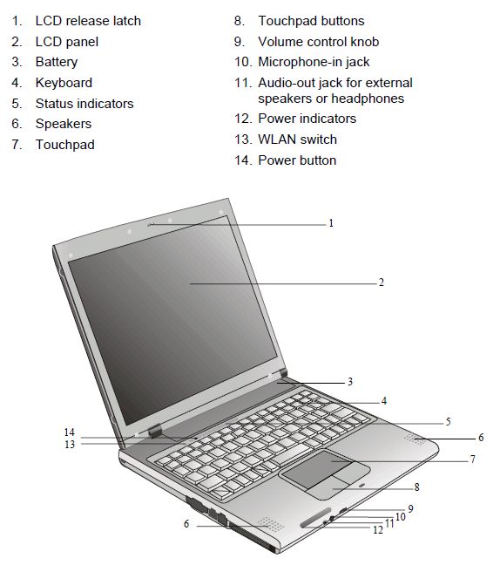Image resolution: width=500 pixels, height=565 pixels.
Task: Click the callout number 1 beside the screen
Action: coord(331,223)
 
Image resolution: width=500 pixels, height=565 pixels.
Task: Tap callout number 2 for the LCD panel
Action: coord(382,282)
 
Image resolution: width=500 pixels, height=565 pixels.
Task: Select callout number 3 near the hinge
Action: coord(350,382)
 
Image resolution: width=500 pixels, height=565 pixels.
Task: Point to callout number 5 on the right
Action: coord(448,421)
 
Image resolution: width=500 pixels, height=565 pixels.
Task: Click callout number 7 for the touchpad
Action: coord(473,459)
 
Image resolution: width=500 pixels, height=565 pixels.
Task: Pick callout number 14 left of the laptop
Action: coord(70,432)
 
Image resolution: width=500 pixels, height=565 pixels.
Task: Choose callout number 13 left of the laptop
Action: coord(70,445)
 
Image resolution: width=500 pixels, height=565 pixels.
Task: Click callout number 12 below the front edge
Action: coord(378,530)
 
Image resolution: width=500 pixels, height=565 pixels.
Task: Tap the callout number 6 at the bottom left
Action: coord(186,523)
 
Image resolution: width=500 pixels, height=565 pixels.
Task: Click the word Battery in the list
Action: coord(57,62)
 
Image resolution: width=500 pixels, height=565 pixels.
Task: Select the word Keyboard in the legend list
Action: coord(64,83)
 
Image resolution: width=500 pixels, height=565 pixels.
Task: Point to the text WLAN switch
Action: coord(297,140)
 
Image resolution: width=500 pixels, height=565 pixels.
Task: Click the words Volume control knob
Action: coord(319,42)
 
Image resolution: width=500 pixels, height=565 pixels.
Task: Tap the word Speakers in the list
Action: coord(64,125)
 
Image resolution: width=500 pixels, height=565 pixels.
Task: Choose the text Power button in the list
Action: coord(297,160)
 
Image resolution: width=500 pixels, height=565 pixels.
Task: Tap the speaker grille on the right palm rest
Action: coord(415,439)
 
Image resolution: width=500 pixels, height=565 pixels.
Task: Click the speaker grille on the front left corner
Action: coord(271,524)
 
